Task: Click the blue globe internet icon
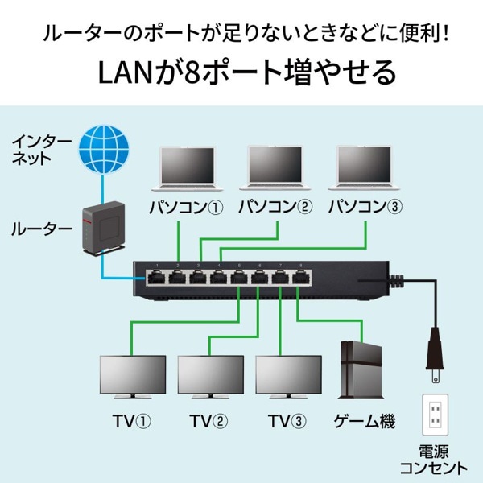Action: [x=103, y=148]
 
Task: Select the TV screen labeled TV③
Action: [x=288, y=377]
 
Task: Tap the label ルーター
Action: [x=41, y=229]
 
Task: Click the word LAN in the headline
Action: [x=124, y=72]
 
